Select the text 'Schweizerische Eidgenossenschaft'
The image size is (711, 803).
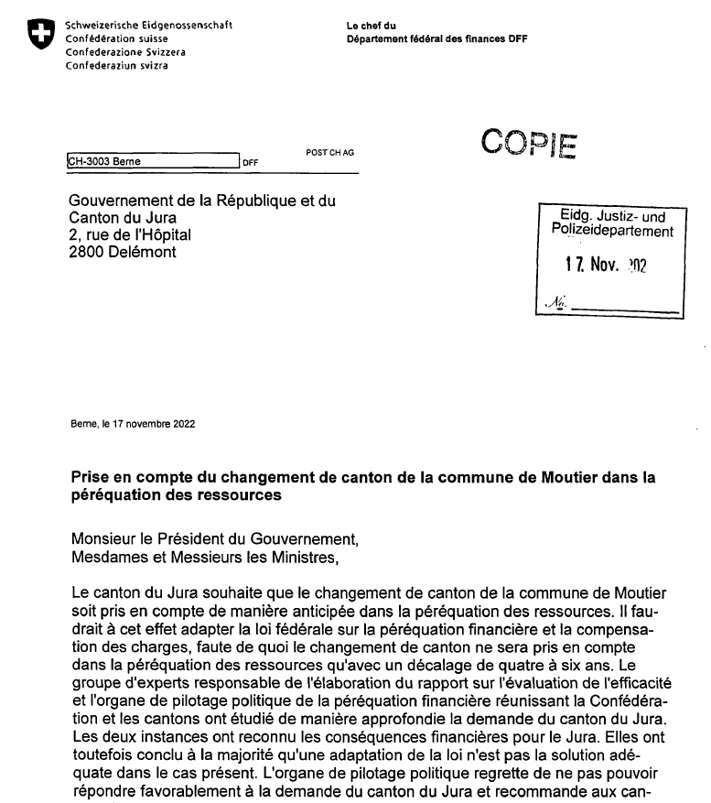tap(149, 25)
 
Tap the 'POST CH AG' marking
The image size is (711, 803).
tap(329, 153)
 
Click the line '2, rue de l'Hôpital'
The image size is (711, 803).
tap(131, 235)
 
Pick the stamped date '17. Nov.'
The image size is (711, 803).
tap(594, 266)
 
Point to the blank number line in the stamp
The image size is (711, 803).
tap(626, 310)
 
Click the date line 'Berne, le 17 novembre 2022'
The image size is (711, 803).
tap(132, 424)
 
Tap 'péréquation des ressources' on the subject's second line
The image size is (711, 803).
tap(174, 495)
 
